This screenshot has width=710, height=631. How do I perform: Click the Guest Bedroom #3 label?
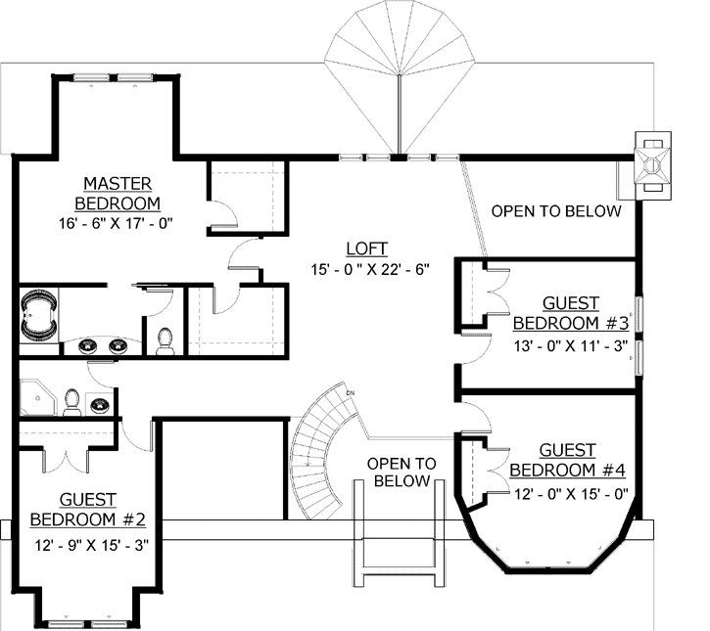[x=570, y=314]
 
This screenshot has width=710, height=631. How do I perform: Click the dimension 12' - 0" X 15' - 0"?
[x=570, y=494]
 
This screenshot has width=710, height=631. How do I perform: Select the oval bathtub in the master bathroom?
[x=40, y=314]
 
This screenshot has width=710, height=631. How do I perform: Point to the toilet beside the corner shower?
[x=71, y=401]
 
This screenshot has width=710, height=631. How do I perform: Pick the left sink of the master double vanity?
[x=87, y=344]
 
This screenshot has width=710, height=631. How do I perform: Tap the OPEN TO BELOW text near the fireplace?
[x=555, y=211]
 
